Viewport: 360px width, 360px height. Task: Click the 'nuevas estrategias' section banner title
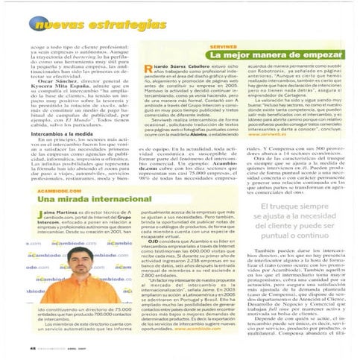point(88,25)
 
